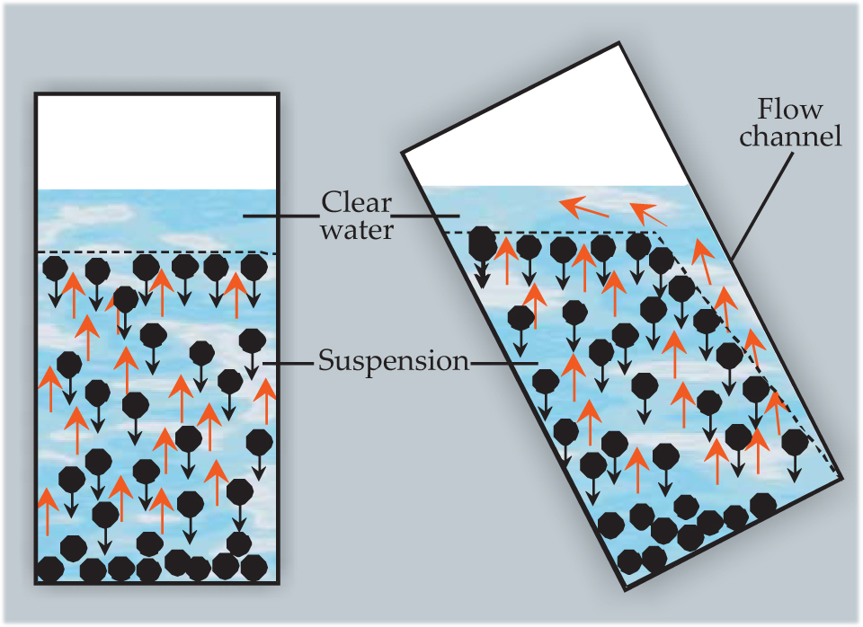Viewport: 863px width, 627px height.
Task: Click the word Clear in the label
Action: coord(357,202)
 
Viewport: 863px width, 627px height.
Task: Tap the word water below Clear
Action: coord(358,230)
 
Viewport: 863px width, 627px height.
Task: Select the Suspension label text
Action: coord(394,362)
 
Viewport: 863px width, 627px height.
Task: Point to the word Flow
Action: coord(790,111)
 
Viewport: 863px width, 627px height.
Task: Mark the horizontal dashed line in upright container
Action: coord(156,253)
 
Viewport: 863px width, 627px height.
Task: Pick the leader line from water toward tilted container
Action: coord(427,216)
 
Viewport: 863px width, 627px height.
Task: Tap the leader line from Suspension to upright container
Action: coord(288,363)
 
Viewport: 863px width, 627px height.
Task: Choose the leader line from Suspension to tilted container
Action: coord(503,363)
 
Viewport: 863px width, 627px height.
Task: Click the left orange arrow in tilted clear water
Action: coord(584,208)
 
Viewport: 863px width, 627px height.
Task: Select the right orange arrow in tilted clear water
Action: coord(647,214)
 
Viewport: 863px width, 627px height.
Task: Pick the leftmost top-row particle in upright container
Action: coord(56,268)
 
